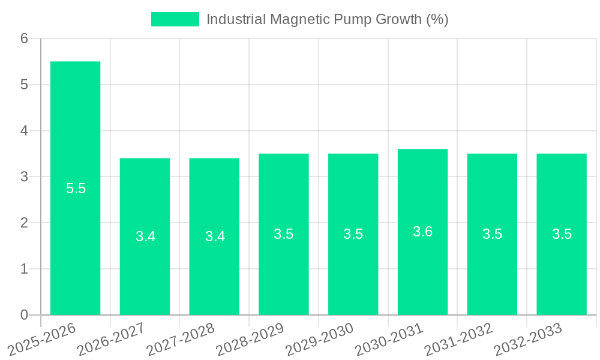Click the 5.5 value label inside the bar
tap(76, 188)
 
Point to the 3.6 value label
tap(422, 232)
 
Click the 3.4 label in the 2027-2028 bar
tap(215, 236)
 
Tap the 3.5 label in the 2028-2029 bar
tap(284, 234)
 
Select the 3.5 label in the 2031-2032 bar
tap(492, 234)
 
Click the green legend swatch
tap(175, 19)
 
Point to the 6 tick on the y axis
tap(24, 38)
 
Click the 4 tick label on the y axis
tap(24, 131)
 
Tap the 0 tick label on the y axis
tap(24, 315)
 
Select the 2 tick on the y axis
tap(24, 223)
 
